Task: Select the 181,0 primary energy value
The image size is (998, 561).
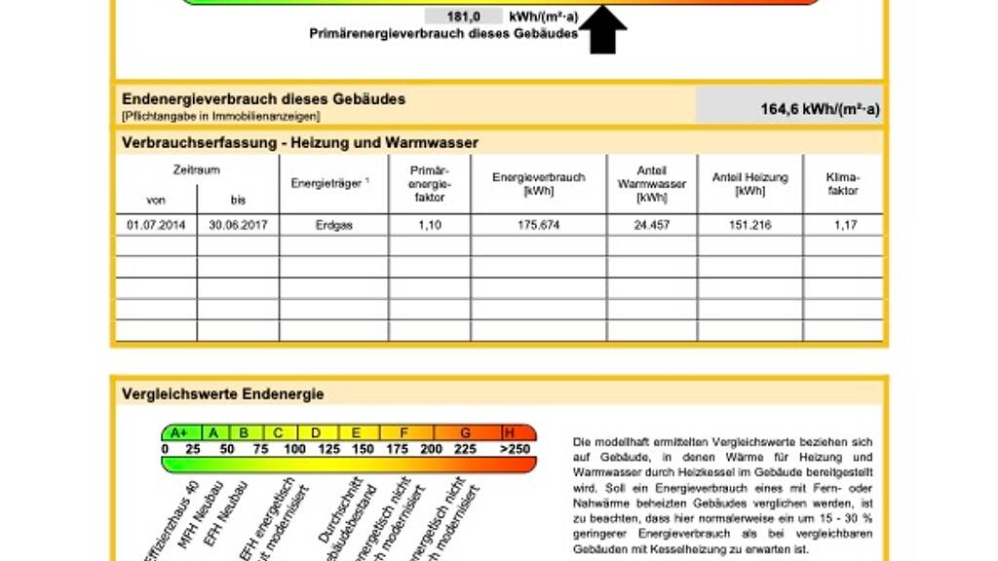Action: point(463,16)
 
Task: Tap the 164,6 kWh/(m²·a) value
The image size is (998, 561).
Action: point(820,109)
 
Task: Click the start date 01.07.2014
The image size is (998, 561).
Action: point(156,224)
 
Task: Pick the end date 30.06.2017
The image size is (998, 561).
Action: point(238,224)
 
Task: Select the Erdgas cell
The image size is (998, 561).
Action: point(333,224)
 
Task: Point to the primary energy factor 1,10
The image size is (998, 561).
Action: point(429,224)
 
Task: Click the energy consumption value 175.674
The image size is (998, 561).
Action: point(538,224)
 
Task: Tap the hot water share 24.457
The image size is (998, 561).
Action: point(651,224)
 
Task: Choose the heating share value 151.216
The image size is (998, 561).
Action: point(749,224)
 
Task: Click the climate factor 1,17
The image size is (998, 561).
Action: point(844,224)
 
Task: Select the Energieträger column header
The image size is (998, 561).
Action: point(329,183)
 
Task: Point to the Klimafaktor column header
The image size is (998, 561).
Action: point(844,184)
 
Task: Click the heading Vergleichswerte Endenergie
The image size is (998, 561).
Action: point(223,394)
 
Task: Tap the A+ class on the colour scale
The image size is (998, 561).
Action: point(177,432)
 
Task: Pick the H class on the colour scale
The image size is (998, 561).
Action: point(510,432)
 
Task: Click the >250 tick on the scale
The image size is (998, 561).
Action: point(516,449)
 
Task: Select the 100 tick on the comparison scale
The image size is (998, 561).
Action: point(293,449)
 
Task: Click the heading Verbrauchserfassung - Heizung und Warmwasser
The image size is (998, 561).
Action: point(300,143)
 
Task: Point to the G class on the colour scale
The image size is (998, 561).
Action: point(465,432)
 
